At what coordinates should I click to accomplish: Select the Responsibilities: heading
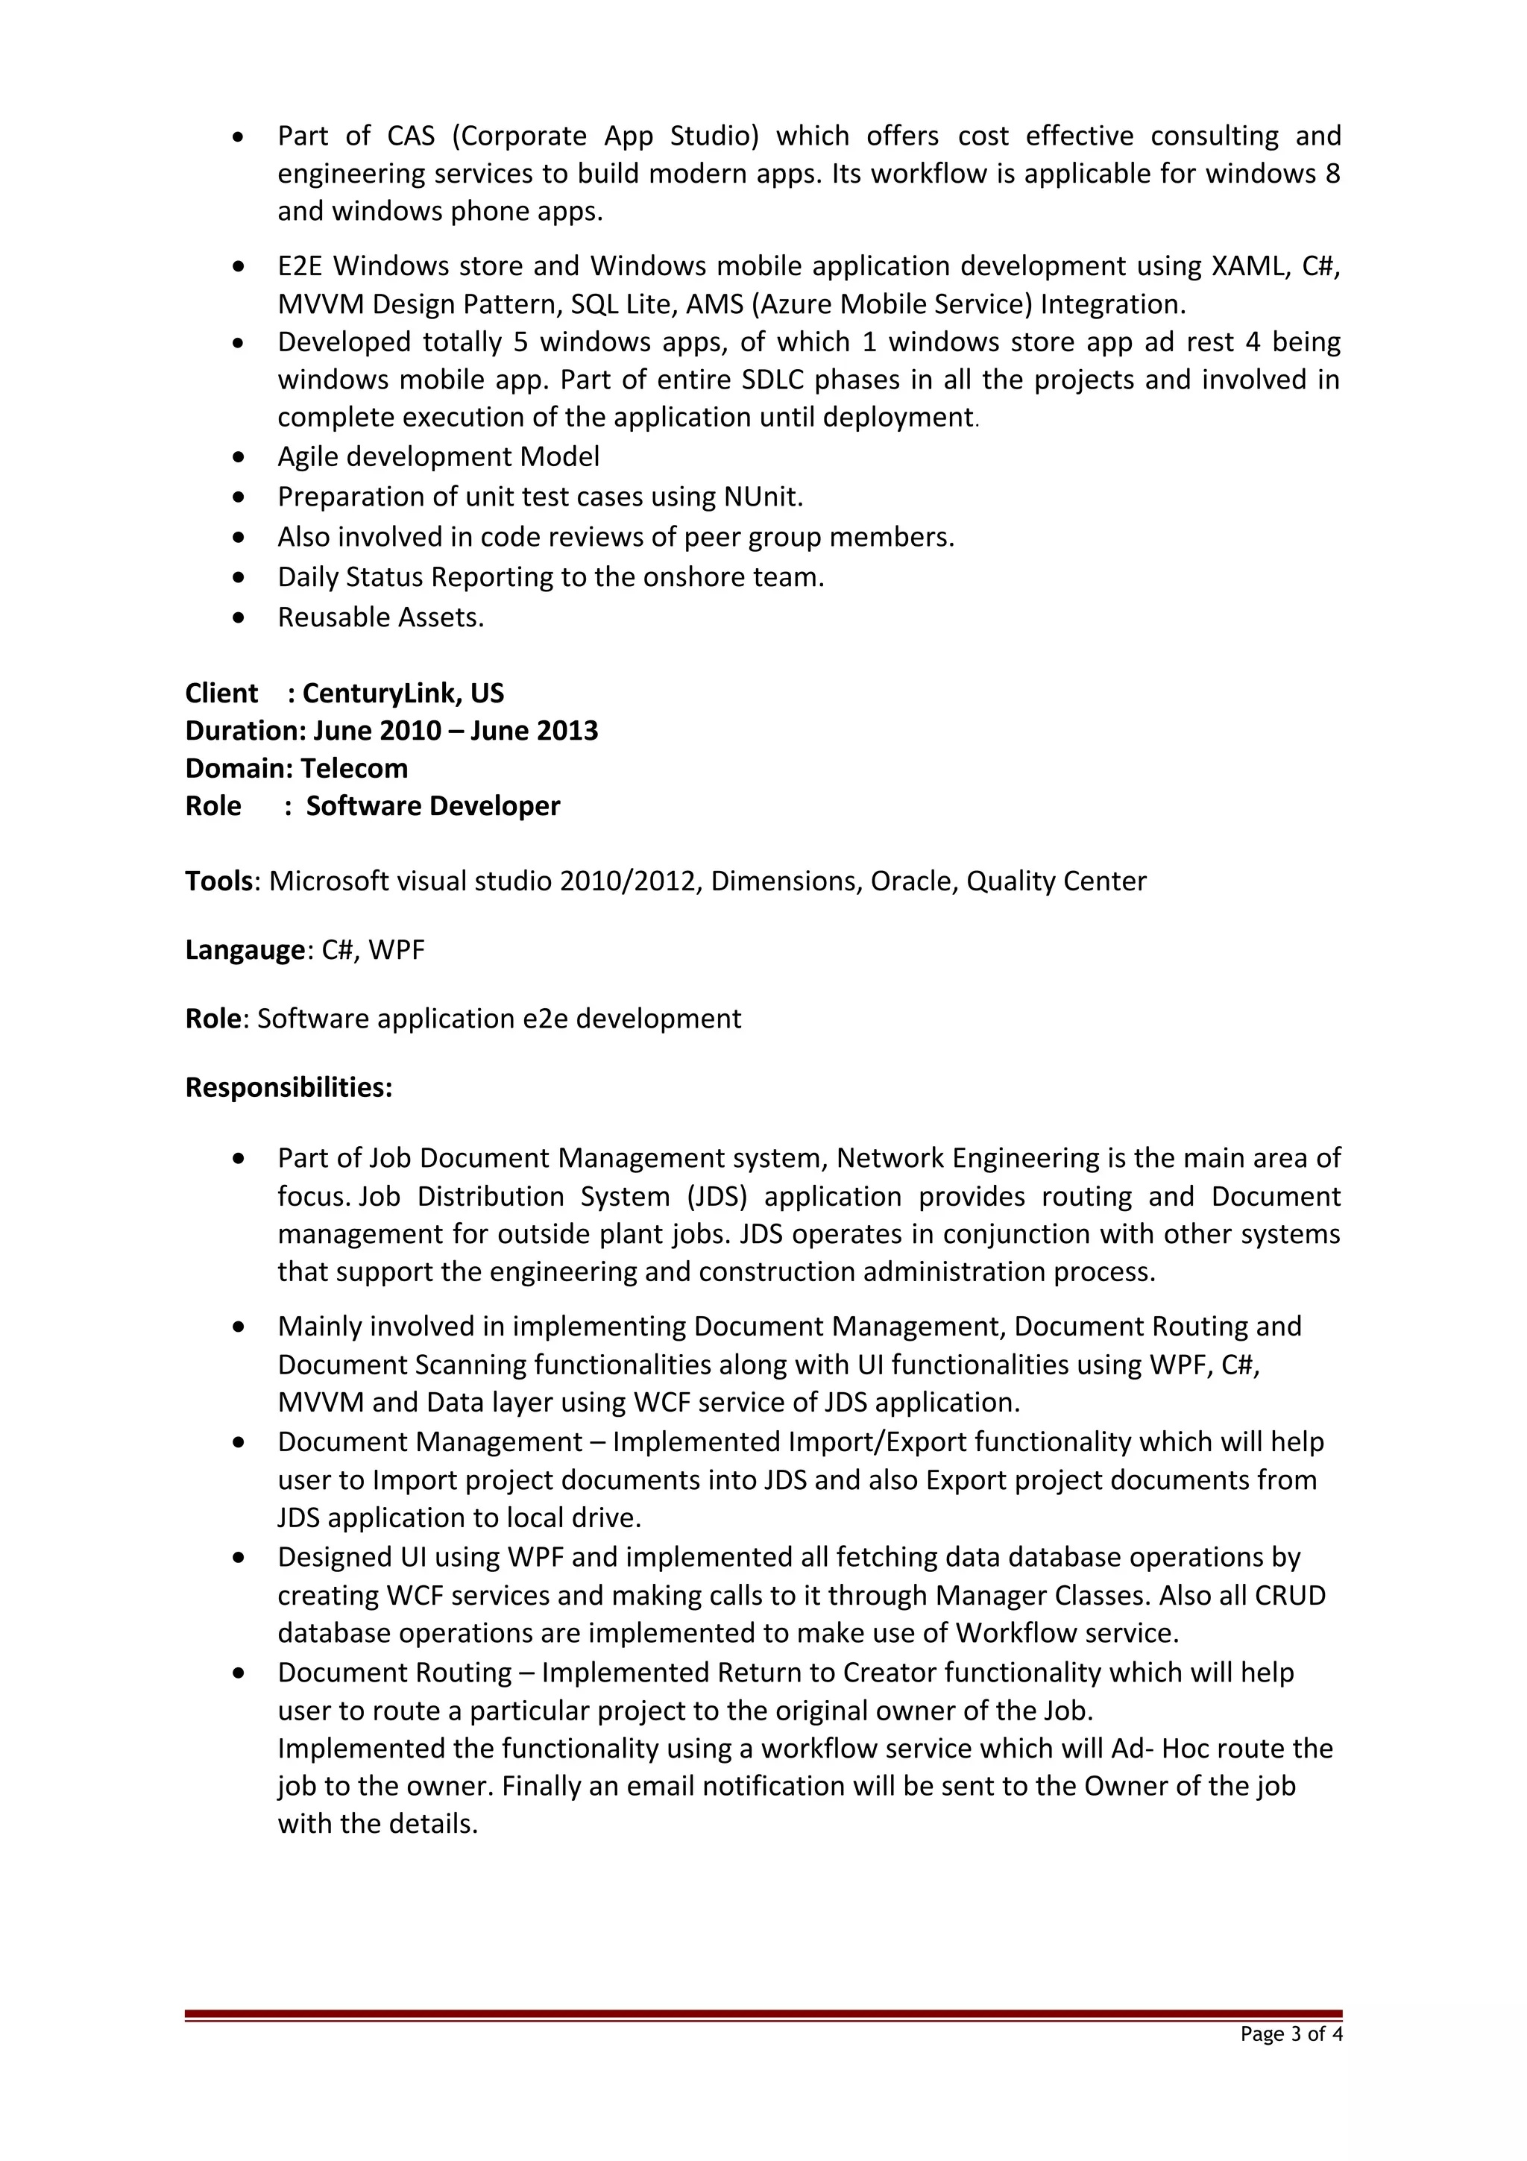(x=289, y=1087)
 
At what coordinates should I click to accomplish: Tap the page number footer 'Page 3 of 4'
(x=1291, y=2034)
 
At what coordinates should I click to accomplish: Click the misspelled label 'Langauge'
(x=245, y=950)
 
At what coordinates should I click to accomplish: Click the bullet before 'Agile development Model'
(x=241, y=457)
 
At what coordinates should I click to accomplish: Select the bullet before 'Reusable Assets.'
(x=241, y=618)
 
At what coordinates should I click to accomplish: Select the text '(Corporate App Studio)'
(x=605, y=136)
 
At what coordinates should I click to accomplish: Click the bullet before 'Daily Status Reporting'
(x=241, y=578)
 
